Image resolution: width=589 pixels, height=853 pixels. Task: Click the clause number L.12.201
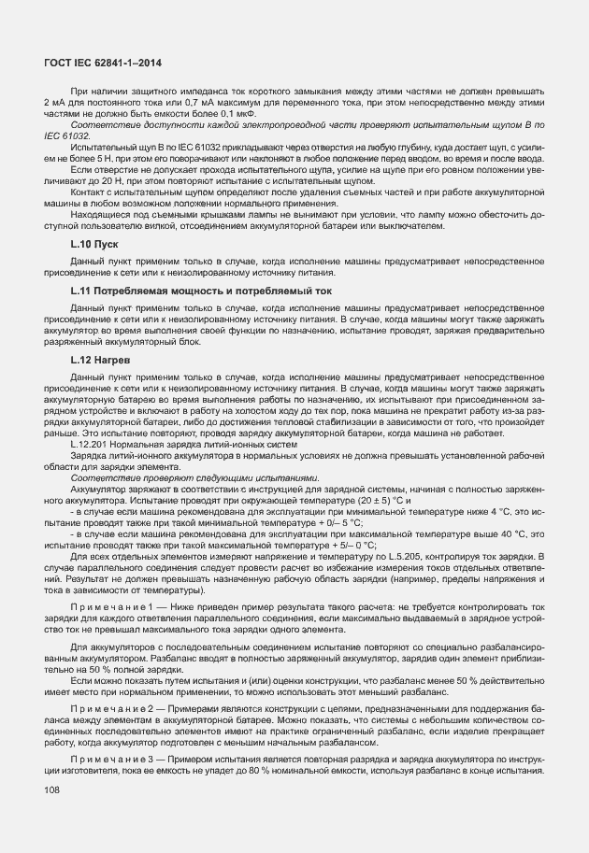coord(93,446)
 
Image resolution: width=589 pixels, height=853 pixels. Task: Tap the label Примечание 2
coord(109,709)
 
